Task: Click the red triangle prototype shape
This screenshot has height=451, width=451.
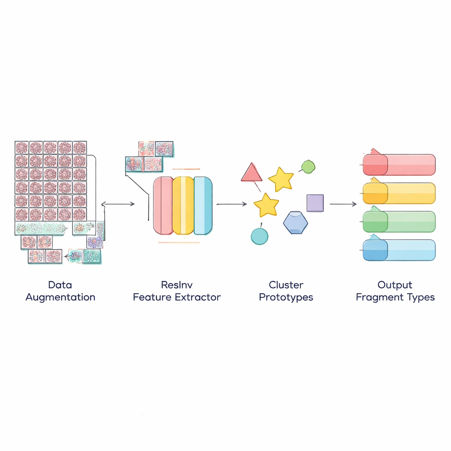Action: click(251, 173)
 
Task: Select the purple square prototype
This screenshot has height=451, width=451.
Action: click(315, 203)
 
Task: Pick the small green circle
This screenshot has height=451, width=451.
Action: click(308, 166)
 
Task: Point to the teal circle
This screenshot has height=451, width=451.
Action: click(259, 236)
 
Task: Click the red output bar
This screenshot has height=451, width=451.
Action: click(399, 165)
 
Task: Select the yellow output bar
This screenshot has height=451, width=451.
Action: click(399, 193)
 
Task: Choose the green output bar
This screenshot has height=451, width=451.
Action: click(399, 222)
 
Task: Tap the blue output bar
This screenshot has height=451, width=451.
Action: click(399, 250)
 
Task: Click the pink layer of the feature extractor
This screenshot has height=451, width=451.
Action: click(163, 205)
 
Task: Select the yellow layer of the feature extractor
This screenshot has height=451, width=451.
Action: click(183, 205)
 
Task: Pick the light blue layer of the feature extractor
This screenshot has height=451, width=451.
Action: click(203, 205)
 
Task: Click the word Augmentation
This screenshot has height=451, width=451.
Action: click(60, 297)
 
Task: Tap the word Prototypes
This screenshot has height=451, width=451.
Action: click(286, 297)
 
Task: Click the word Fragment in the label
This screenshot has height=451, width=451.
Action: click(377, 297)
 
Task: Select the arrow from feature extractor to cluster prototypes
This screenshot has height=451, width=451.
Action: click(232, 204)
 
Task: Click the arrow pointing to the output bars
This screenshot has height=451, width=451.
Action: click(343, 204)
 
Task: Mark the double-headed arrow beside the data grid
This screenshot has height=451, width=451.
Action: click(118, 204)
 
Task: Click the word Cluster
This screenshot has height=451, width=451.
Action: click(286, 285)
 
